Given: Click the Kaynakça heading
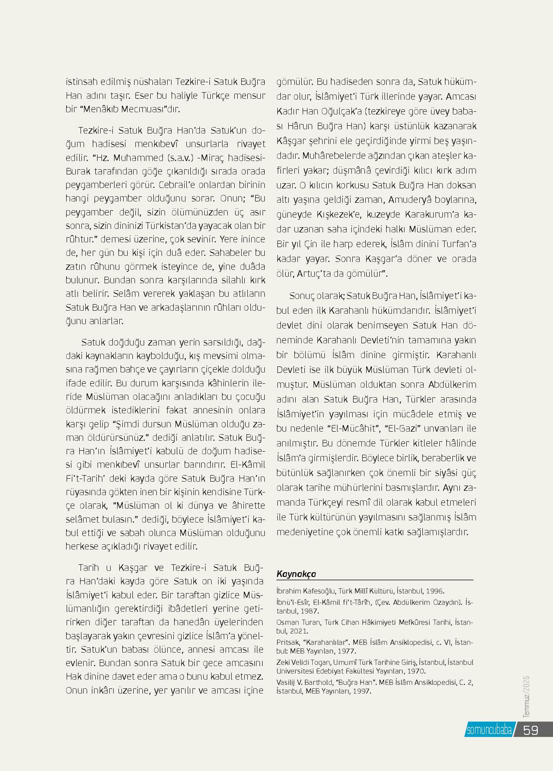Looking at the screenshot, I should tap(296, 574).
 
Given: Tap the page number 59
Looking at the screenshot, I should tap(531, 730).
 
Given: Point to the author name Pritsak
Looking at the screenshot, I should tap(288, 642).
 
